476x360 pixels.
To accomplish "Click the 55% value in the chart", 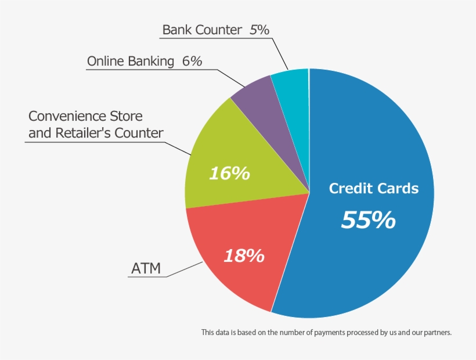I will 368,220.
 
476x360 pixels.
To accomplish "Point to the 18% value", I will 244,255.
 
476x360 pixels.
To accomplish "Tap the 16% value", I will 229,172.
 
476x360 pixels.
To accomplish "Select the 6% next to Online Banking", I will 192,61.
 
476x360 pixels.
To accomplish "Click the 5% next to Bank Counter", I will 259,30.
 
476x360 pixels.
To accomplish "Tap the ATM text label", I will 146,268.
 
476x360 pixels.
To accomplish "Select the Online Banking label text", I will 131,61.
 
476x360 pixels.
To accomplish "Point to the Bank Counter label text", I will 202,30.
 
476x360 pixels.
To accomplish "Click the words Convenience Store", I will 85,116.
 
